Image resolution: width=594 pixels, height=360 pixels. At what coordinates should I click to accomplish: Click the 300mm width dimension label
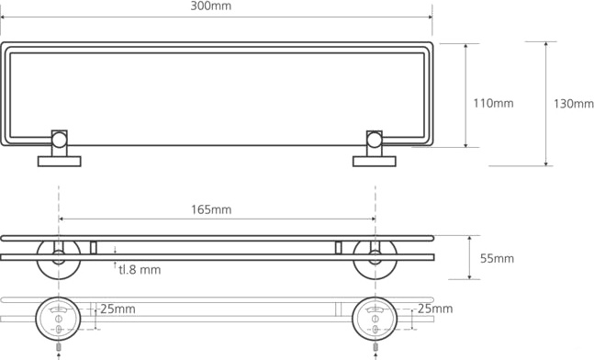point(210,6)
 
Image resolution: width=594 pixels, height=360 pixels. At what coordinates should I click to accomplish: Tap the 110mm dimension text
point(493,103)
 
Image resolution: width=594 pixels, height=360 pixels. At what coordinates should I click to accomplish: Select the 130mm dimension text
point(574,104)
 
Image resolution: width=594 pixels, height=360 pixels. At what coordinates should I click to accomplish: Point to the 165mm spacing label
point(211,209)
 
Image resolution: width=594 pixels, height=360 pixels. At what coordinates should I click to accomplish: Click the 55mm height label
point(497,258)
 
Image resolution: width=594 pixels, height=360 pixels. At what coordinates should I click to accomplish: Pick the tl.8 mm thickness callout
point(140,269)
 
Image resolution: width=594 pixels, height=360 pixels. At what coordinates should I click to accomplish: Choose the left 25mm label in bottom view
point(118,309)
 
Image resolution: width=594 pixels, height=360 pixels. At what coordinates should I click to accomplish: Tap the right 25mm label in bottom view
point(435,309)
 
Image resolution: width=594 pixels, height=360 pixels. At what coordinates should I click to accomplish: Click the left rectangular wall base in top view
point(59,162)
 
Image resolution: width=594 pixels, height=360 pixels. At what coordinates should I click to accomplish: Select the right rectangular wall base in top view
point(375,162)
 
